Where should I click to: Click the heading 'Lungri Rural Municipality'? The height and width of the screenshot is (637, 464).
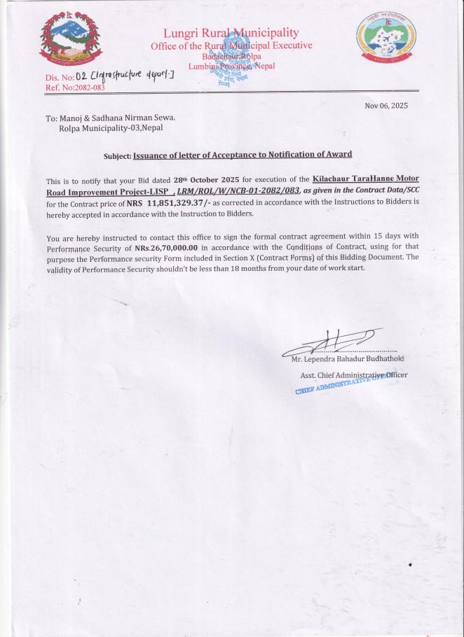[x=231, y=33]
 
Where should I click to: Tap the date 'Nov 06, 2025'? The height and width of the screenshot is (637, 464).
[x=386, y=106]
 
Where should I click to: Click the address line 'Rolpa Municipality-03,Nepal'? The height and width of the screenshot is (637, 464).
[x=111, y=128]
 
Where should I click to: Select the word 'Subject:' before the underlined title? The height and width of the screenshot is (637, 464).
[x=117, y=155]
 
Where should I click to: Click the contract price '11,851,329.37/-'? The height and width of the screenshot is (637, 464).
[x=179, y=203]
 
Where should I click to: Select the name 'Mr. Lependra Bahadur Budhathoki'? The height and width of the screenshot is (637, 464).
[x=348, y=359]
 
